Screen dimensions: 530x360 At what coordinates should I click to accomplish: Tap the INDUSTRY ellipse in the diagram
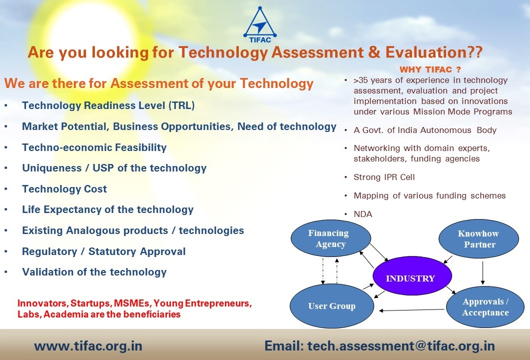(x=412, y=276)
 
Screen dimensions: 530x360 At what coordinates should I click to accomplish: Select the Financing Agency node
(x=331, y=238)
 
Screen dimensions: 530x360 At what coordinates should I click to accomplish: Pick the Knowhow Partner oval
(x=479, y=238)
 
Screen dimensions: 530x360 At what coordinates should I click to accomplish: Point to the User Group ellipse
(x=332, y=306)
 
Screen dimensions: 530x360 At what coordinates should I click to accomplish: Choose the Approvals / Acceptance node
(x=486, y=307)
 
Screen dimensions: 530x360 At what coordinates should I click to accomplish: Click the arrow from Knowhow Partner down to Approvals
(x=483, y=272)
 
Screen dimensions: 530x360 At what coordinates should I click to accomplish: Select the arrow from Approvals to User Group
(x=412, y=310)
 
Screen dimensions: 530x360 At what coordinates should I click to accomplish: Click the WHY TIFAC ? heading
(x=430, y=69)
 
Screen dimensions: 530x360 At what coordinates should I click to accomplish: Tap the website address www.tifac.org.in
(x=88, y=346)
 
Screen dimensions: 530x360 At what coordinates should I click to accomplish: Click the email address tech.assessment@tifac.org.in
(x=401, y=346)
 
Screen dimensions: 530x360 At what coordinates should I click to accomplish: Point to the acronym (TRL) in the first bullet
(x=181, y=105)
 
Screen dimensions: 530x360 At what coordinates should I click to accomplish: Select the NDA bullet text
(x=363, y=214)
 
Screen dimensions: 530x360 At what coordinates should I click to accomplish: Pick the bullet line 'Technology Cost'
(x=64, y=189)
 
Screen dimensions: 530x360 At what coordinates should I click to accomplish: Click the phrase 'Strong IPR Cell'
(x=384, y=177)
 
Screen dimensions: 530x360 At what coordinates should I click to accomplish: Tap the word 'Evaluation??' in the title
(x=434, y=52)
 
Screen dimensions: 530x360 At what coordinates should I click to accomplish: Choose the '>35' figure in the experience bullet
(x=360, y=80)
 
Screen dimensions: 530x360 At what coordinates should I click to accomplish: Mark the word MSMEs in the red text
(x=132, y=303)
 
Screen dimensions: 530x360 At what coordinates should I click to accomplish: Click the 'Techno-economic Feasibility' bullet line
(x=94, y=147)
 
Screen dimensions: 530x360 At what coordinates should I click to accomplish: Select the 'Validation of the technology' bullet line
(x=94, y=272)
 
